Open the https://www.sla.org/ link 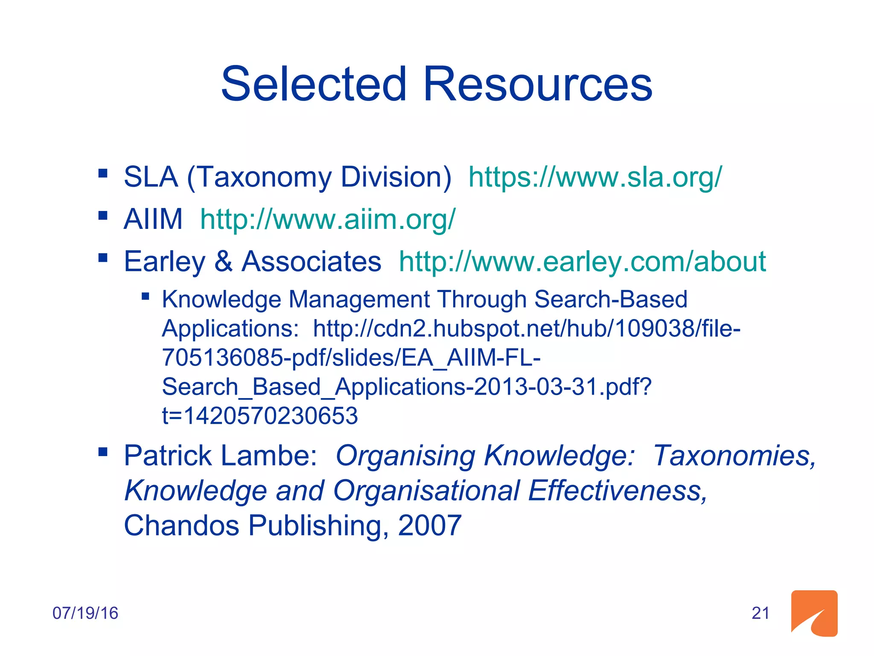[x=595, y=177]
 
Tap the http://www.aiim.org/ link [x=328, y=219]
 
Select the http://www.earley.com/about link [x=583, y=261]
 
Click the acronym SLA [x=151, y=177]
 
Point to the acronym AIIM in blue [x=153, y=219]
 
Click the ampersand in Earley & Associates [x=223, y=261]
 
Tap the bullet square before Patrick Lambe [x=103, y=451]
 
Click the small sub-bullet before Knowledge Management [x=146, y=296]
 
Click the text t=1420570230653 [x=260, y=416]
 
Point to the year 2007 [x=430, y=525]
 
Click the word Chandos [x=181, y=525]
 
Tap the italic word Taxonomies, [x=734, y=456]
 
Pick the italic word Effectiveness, [x=618, y=490]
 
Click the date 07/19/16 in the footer [x=85, y=613]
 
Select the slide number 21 [x=760, y=613]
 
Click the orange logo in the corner [x=814, y=613]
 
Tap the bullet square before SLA [x=103, y=173]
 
